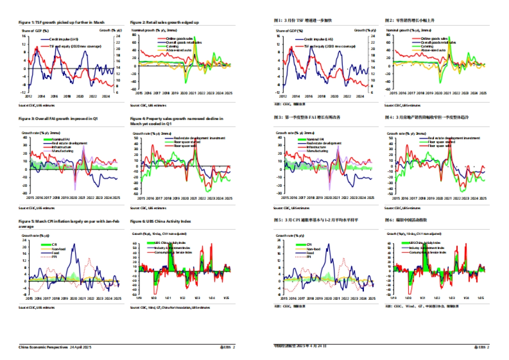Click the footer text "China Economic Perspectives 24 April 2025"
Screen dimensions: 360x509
click(55, 347)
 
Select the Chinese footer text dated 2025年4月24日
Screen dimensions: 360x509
click(300, 346)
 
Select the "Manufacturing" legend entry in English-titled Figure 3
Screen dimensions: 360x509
click(62, 151)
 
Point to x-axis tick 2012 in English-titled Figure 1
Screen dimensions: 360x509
click(28, 96)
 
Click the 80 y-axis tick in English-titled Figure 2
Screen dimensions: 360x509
click(134, 36)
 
